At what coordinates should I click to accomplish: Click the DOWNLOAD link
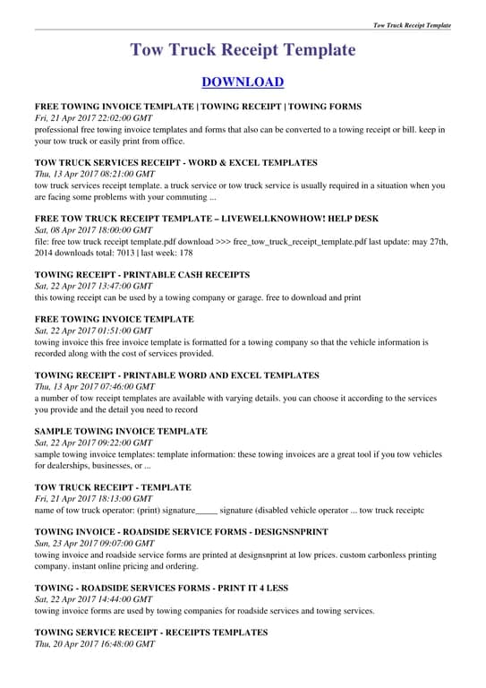[x=243, y=82]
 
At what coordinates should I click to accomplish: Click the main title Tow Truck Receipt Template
[x=243, y=49]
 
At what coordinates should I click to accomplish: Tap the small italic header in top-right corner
[x=412, y=25]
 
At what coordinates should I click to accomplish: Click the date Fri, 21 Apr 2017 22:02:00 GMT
[x=93, y=118]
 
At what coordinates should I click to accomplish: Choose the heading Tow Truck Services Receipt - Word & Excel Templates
[x=175, y=163]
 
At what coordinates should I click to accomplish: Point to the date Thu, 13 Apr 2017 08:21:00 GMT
[x=94, y=175]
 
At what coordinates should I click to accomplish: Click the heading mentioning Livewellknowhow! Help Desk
[x=207, y=219]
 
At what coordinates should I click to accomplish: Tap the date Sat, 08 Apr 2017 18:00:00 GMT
[x=93, y=230]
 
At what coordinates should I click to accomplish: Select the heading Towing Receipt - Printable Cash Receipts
[x=142, y=274]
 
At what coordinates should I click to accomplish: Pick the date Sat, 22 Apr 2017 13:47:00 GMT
[x=93, y=286]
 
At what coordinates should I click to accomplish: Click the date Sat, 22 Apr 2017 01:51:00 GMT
[x=93, y=331]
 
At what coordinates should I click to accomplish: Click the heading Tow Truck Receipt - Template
[x=113, y=487]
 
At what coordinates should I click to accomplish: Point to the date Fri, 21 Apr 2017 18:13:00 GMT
[x=93, y=499]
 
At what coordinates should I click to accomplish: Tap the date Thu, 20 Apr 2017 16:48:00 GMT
[x=94, y=644]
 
